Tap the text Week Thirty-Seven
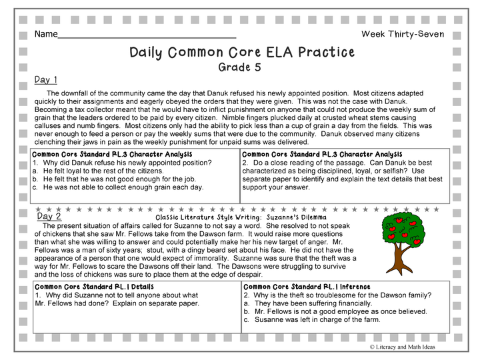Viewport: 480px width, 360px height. pyautogui.click(x=402, y=34)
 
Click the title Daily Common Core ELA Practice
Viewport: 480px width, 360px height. pyautogui.click(x=241, y=52)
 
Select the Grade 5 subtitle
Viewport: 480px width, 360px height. pyautogui.click(x=240, y=67)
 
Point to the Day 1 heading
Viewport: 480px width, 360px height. pyautogui.click(x=46, y=80)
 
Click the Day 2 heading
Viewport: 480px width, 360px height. pyautogui.click(x=49, y=216)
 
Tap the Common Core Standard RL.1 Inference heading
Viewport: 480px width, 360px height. pyautogui.click(x=307, y=287)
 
